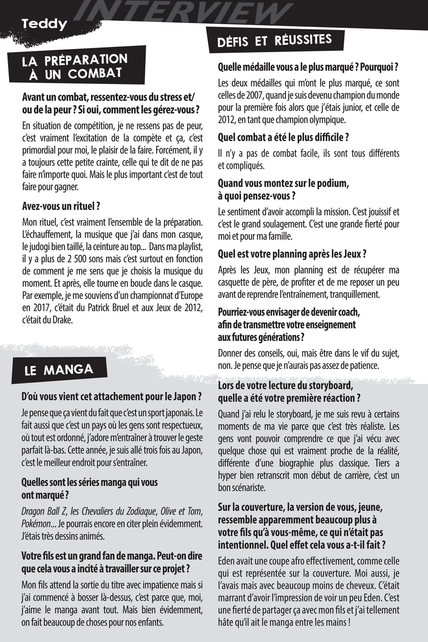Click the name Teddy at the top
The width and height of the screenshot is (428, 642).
pyautogui.click(x=44, y=24)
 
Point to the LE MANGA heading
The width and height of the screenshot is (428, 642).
pyautogui.click(x=59, y=370)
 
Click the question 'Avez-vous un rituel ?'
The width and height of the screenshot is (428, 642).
pyautogui.click(x=60, y=206)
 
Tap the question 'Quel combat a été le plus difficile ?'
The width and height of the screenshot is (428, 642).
pyautogui.click(x=283, y=137)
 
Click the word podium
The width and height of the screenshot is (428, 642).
pyautogui.click(x=333, y=184)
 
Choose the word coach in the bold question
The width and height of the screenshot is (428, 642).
pyautogui.click(x=348, y=313)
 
